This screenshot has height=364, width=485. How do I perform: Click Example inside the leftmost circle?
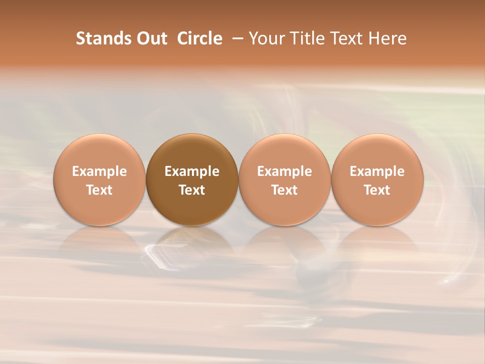click(x=100, y=171)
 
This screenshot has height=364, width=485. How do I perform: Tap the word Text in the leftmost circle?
click(x=100, y=190)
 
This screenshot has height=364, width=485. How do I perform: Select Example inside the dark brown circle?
click(x=192, y=171)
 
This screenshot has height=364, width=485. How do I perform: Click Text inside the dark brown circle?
click(x=192, y=190)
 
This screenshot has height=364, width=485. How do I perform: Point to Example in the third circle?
click(x=284, y=171)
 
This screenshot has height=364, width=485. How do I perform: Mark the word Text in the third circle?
click(x=284, y=190)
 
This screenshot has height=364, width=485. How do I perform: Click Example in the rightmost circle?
click(x=377, y=171)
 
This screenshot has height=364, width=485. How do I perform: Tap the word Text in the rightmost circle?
click(x=377, y=190)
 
